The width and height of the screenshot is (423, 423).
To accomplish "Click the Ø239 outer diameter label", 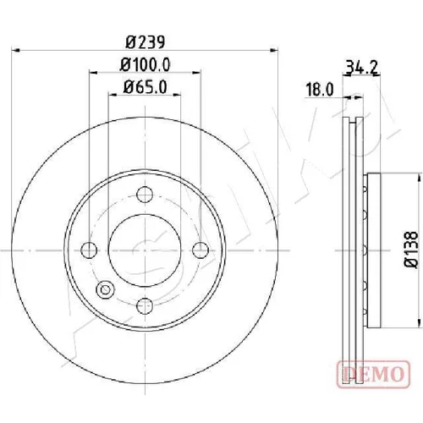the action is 145,42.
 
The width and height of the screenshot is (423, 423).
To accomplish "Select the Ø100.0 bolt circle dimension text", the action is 146,65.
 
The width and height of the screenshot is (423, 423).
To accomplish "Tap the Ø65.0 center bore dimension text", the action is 145,87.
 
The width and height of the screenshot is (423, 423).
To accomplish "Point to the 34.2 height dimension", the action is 361,68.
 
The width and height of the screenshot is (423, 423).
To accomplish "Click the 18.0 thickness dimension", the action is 320,90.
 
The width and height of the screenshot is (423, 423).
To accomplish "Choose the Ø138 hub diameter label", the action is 410,250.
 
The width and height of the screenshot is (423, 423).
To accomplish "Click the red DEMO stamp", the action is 373,374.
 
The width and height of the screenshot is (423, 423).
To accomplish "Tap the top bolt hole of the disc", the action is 145,195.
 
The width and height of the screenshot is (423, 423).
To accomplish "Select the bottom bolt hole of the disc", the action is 145,305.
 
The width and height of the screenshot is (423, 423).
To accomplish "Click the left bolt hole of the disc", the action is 89,250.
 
